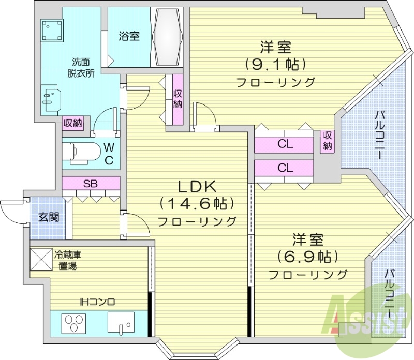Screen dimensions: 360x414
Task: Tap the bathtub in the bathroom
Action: pos(168,38)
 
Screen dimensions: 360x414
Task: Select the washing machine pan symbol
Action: pos(52,31)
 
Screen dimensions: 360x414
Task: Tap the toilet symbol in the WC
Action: pos(83,152)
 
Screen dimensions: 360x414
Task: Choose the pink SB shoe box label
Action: pos(91,183)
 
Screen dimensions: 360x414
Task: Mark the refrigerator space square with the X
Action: pos(41,260)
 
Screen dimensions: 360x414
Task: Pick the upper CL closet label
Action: pos(284,144)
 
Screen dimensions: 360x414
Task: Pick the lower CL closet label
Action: pos(284,168)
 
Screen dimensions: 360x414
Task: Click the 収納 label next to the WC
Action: pos(73,123)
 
